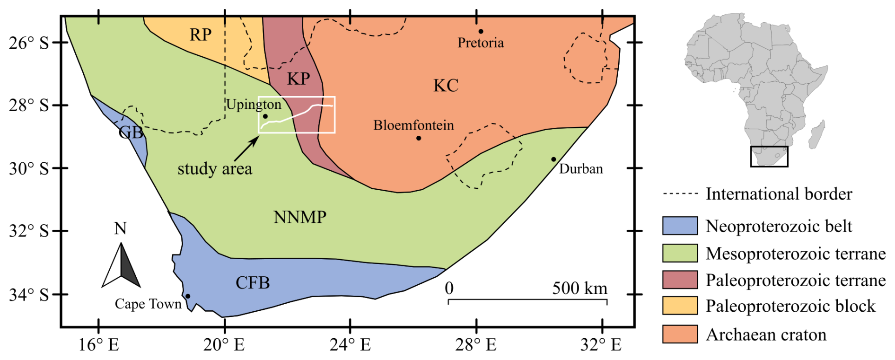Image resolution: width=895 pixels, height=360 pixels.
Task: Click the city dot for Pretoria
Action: tap(481, 32)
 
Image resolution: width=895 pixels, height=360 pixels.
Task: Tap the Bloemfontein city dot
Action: tap(419, 138)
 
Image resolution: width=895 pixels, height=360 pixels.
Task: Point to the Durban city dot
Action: tap(553, 159)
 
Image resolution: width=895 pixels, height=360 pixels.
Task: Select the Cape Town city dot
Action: tap(188, 296)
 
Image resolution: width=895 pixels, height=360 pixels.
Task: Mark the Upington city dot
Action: tap(265, 116)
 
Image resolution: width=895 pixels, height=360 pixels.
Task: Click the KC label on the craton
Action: tap(446, 86)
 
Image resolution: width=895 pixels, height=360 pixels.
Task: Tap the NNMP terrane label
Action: tap(300, 217)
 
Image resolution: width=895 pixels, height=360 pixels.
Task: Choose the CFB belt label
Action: tap(253, 283)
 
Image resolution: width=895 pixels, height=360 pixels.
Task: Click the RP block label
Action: tap(200, 35)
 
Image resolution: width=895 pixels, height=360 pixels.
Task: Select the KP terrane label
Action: tap(298, 79)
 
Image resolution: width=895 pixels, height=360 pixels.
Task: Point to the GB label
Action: tap(131, 132)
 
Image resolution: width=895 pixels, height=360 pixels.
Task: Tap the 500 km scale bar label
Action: tap(579, 288)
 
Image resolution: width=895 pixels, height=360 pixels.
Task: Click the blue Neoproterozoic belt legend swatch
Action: tap(680, 226)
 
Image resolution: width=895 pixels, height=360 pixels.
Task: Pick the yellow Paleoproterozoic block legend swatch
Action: tap(680, 306)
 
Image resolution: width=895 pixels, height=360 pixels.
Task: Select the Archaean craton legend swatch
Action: tap(680, 334)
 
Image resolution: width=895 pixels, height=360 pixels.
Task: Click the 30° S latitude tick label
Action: tap(29, 169)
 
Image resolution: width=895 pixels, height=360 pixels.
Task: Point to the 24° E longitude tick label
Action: tap(350, 345)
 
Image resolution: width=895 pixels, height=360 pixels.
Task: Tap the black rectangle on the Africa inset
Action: tap(769, 157)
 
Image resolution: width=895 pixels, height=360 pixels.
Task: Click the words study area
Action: tap(215, 169)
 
